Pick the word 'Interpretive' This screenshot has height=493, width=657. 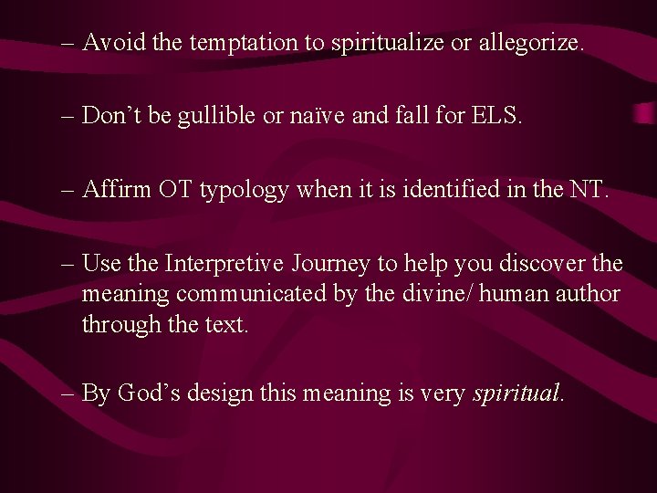click(x=227, y=265)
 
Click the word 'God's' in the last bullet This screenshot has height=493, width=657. click(x=147, y=394)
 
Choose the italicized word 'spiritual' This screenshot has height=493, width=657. click(x=516, y=394)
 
